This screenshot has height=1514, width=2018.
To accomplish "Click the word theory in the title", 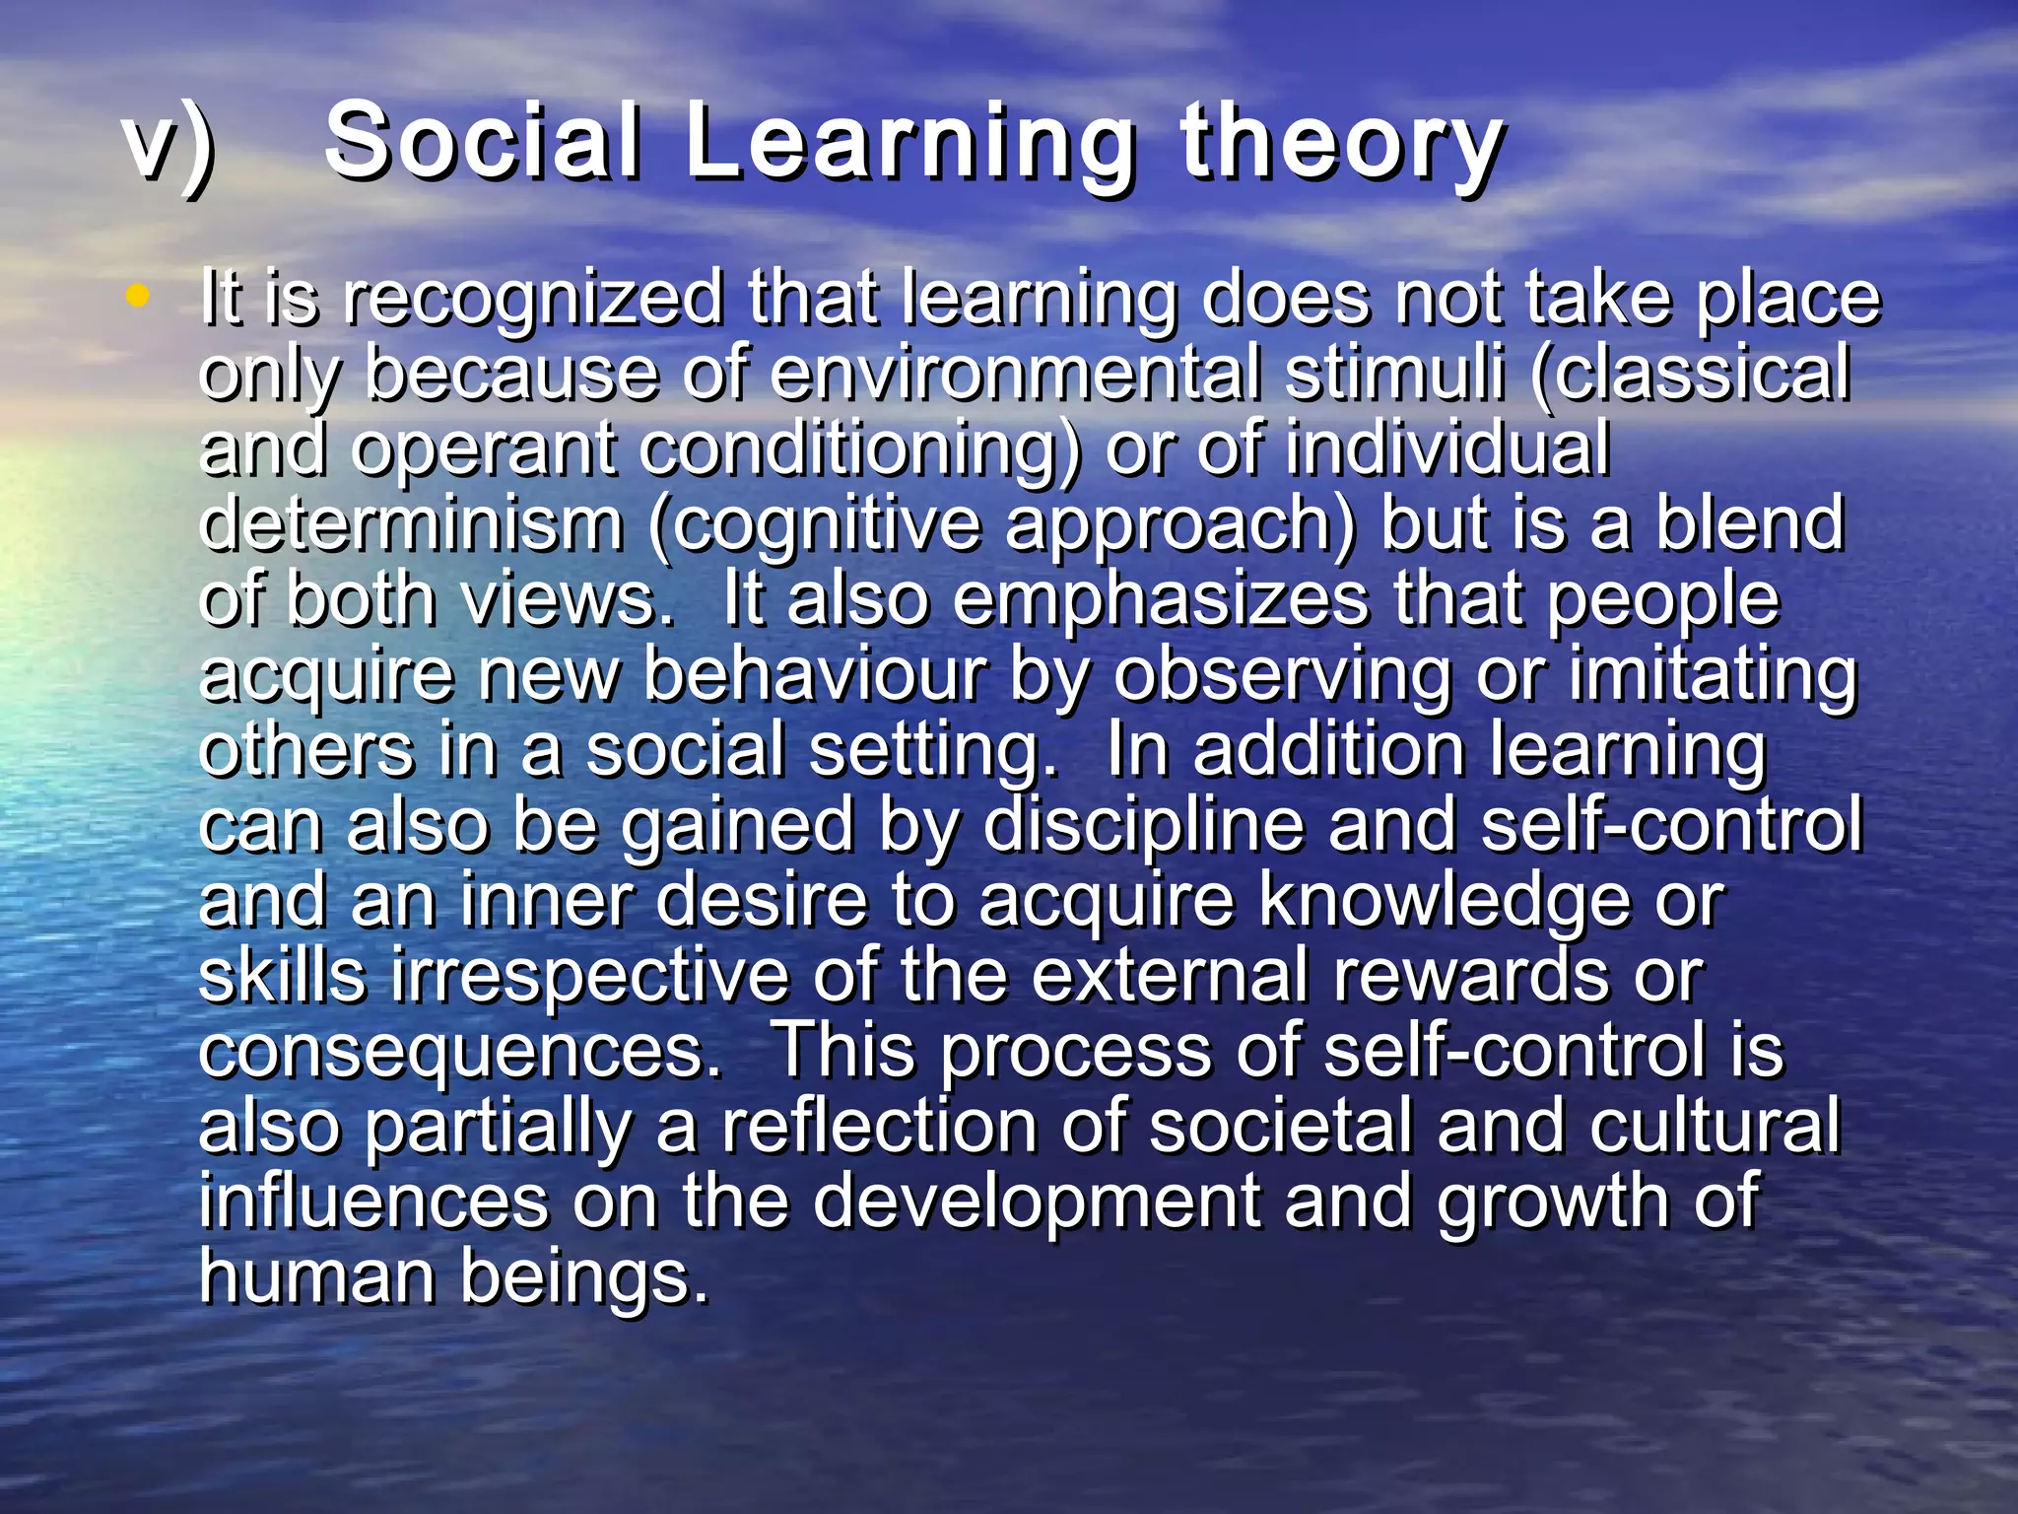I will click(x=1342, y=145).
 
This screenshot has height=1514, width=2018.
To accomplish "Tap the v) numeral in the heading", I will click(x=168, y=145).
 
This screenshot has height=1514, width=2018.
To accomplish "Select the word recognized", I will click(x=532, y=300).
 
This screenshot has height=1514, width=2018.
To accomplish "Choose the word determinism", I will click(x=411, y=524).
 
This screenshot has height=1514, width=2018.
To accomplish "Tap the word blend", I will click(x=1749, y=524).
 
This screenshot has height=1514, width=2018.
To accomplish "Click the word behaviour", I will click(x=814, y=676).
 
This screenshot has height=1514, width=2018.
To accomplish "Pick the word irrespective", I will click(x=589, y=977).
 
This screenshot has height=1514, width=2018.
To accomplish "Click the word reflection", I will click(x=879, y=1127).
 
